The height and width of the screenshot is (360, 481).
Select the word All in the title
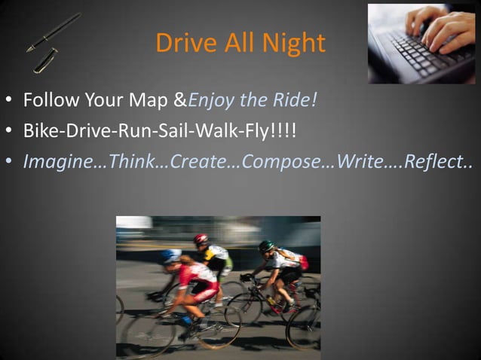[239, 43]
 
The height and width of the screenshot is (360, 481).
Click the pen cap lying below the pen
[44, 60]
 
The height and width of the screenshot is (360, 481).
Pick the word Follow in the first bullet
[47, 100]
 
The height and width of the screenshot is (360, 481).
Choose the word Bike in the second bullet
[39, 131]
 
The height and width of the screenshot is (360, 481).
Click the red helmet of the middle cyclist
[201, 239]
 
